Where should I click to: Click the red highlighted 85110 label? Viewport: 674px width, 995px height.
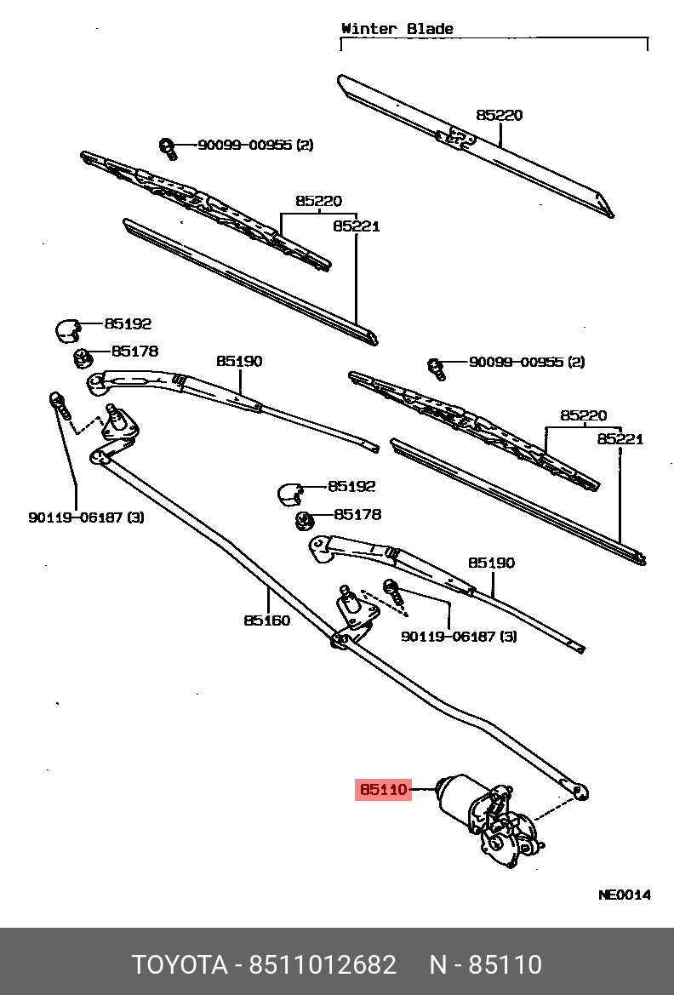383,790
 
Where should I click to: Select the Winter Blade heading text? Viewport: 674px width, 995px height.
397,28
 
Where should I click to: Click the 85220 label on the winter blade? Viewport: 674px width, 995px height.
500,115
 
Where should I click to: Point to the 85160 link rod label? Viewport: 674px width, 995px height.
266,620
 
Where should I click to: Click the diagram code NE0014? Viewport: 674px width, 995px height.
625,895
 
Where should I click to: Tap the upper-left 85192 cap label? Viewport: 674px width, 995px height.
128,323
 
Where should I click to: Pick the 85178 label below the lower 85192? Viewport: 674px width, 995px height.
357,514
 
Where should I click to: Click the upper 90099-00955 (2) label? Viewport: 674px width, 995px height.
255,145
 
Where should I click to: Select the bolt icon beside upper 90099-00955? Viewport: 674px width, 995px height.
168,148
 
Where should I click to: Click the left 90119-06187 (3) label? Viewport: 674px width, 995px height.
86,517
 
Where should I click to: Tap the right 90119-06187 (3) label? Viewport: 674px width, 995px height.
460,636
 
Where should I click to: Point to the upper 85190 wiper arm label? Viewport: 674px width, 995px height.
239,361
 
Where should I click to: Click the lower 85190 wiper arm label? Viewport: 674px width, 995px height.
491,563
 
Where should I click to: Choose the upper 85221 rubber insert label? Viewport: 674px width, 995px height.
356,226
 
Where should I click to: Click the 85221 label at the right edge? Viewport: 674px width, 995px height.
620,439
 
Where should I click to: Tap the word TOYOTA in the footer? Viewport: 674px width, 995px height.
179,965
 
